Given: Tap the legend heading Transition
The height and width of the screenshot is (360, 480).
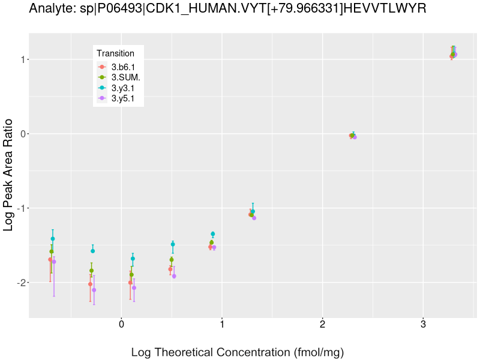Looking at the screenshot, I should coord(115,53).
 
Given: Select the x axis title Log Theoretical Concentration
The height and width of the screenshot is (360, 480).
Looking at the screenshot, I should coord(238,352).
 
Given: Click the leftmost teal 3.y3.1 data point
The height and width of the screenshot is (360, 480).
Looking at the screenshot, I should coord(53,239).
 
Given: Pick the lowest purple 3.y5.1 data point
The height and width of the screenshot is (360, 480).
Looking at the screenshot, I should coord(94,290).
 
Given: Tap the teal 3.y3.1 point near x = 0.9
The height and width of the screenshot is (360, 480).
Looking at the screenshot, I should coord(213,234).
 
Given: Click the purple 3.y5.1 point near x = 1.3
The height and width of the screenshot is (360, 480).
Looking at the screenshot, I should coord(254,218).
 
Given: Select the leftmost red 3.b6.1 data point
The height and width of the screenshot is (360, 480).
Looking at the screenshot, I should coord(50,260).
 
